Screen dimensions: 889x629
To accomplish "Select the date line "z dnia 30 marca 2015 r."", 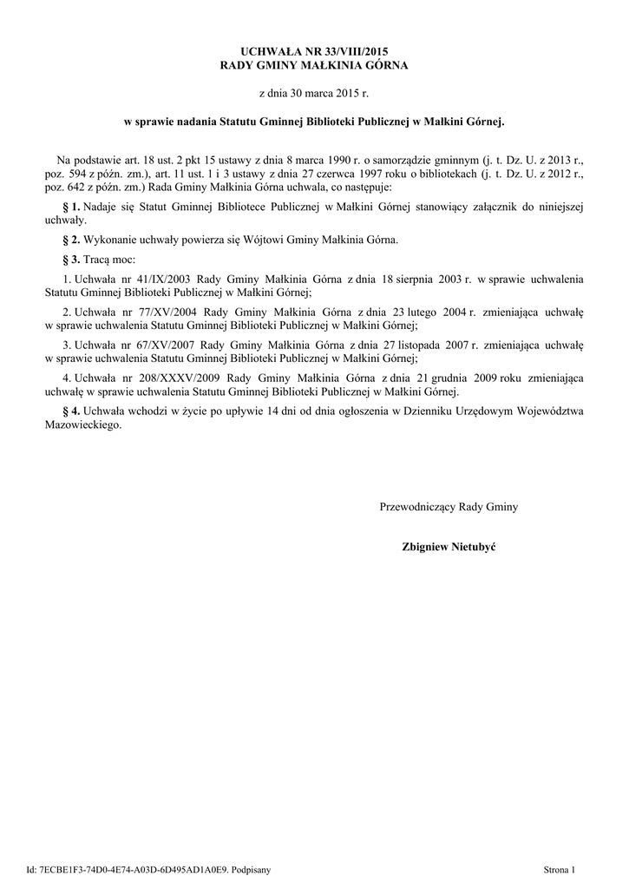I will coord(314,91).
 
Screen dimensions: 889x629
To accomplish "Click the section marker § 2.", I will coord(72,239).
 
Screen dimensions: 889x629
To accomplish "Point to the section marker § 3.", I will coord(72,260).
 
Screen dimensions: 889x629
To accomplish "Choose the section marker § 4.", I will coord(72,411).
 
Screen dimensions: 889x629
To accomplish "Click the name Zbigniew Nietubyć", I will coord(449,547).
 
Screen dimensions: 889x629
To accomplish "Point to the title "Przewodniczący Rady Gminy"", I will coord(449,506).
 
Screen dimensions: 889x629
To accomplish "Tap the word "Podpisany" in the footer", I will coord(251,868).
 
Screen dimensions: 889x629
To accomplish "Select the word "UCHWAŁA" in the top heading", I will coord(258,53).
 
